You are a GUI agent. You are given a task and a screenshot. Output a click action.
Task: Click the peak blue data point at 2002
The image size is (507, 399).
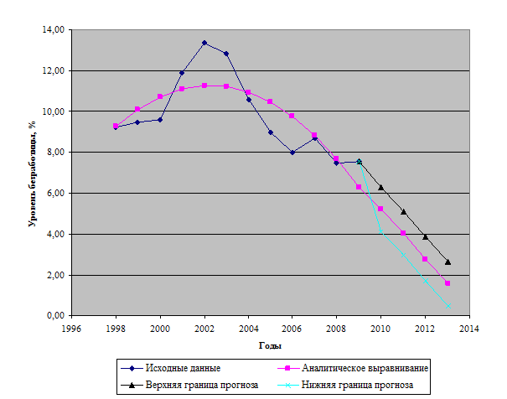(204, 43)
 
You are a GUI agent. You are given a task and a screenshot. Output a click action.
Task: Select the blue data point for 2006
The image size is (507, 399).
(292, 153)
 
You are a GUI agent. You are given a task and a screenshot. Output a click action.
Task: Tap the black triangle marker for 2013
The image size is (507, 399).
(448, 262)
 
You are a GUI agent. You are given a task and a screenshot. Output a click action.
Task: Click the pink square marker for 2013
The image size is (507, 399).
(448, 283)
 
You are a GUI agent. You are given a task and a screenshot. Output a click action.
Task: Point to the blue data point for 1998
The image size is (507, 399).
(116, 127)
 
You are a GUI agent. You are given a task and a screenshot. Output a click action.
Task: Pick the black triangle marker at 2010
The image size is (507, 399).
(381, 187)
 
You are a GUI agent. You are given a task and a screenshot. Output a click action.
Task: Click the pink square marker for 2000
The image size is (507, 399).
(160, 96)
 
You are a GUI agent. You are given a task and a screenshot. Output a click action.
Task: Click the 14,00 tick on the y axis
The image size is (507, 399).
(53, 30)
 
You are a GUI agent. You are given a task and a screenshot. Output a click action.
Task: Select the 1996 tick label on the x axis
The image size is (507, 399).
(72, 329)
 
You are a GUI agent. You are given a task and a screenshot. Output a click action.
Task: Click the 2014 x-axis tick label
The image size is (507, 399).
(468, 329)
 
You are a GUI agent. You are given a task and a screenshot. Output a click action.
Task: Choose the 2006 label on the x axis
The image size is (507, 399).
(292, 329)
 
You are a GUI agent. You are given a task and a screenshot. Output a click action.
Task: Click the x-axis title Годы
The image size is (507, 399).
(270, 345)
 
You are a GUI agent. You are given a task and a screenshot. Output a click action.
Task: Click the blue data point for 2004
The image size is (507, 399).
(248, 100)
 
